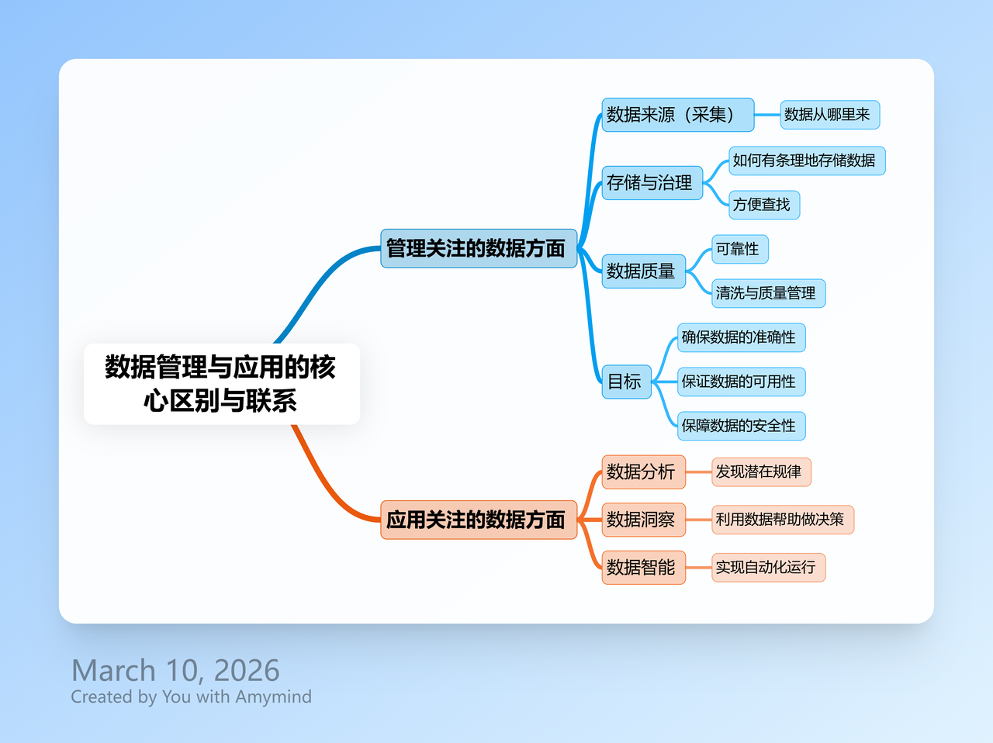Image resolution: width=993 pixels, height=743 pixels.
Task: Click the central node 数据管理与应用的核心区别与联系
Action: (222, 384)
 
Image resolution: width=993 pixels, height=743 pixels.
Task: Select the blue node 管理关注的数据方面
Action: (479, 248)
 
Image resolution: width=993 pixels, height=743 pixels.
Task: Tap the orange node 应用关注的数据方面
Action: (479, 520)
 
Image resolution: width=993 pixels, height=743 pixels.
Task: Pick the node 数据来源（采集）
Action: (678, 115)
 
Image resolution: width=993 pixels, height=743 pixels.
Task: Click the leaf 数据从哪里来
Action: (829, 115)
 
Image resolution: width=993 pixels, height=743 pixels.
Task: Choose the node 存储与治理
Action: (652, 183)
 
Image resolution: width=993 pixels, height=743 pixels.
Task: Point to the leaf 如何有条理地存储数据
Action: (807, 161)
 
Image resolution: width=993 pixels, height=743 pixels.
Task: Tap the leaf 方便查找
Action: (764, 205)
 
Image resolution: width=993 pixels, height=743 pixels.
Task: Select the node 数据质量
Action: (643, 271)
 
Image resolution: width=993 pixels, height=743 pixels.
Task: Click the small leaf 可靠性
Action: (739, 249)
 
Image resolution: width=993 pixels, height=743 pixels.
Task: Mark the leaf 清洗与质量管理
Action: (768, 293)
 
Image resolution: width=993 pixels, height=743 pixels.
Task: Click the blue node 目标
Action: (626, 382)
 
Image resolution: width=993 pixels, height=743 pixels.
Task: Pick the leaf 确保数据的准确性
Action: (741, 337)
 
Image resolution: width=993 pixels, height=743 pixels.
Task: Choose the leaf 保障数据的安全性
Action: (741, 426)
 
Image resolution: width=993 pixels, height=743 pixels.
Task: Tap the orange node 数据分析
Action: (643, 472)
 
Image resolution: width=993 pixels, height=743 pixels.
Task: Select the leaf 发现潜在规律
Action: (761, 472)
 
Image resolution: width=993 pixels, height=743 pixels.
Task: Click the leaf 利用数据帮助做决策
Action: (783, 520)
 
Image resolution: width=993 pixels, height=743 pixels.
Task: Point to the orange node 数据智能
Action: (643, 568)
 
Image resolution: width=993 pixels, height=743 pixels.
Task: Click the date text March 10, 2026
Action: (175, 671)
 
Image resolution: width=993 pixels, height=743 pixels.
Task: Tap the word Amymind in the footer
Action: (273, 697)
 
